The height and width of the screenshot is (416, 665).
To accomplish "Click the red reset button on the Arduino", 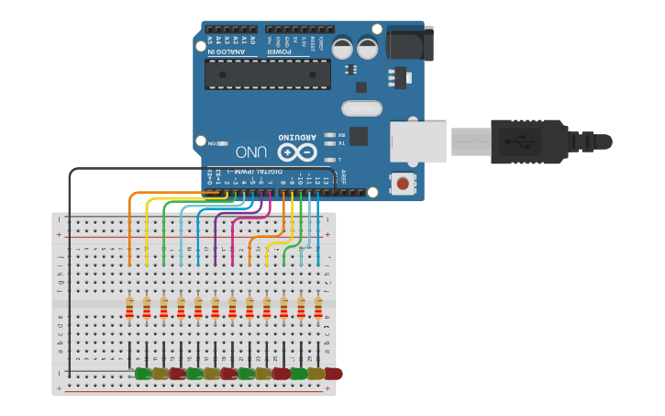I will pyautogui.click(x=402, y=184).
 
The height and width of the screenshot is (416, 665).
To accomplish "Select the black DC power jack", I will pyautogui.click(x=409, y=43).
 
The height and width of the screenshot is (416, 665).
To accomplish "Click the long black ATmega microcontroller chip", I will pyautogui.click(x=267, y=74).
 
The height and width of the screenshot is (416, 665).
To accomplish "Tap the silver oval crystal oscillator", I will pyautogui.click(x=361, y=109).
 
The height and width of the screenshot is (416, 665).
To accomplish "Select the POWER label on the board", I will pyautogui.click(x=279, y=51).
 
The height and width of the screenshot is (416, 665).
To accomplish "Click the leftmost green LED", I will pyautogui.click(x=143, y=374).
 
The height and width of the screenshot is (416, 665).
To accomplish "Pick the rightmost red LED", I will pyautogui.click(x=333, y=374).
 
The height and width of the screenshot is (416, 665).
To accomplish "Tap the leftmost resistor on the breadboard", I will pyautogui.click(x=129, y=308).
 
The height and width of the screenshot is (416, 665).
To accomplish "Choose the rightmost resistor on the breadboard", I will pyautogui.click(x=318, y=308).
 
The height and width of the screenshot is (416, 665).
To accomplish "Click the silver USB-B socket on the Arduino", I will pyautogui.click(x=417, y=142).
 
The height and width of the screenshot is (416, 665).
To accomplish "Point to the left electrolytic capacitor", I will pyautogui.click(x=342, y=48).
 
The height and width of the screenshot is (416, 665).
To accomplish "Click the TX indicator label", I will pyautogui.click(x=341, y=143).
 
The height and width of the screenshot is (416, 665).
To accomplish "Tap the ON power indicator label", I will pyautogui.click(x=212, y=144).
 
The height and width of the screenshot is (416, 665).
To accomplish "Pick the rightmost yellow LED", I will pyautogui.click(x=316, y=374).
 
